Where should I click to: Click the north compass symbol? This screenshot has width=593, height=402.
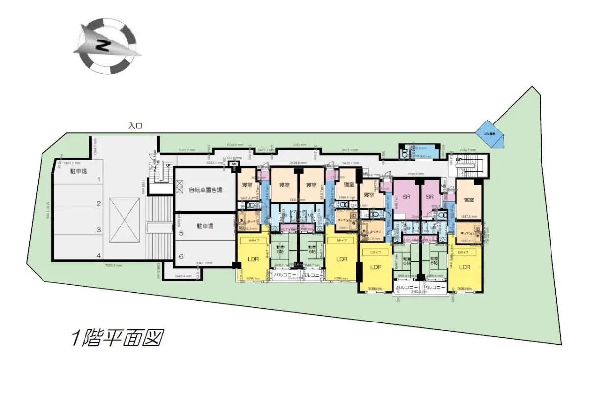click(106, 45)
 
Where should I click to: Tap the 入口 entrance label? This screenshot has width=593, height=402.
click(135, 126)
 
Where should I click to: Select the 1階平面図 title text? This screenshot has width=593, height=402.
click(117, 338)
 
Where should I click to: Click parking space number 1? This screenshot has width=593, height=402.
click(98, 180)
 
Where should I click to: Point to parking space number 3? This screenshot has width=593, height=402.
click(98, 230)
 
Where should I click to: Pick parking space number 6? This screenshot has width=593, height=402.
click(182, 256)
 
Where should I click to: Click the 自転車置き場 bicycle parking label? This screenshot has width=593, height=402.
click(205, 190)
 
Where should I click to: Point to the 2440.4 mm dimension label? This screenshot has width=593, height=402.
click(183, 276)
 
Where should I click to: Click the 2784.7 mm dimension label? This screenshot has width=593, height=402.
click(467, 149)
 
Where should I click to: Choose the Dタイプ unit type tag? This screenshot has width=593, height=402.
click(464, 252)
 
